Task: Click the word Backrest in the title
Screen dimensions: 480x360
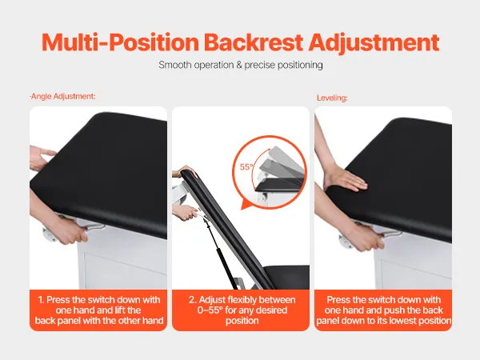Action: [x=254, y=42]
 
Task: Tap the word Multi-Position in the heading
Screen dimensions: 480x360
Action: [x=120, y=42]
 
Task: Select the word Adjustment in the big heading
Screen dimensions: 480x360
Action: [x=374, y=43]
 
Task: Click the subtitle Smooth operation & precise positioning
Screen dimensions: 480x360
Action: [x=241, y=65]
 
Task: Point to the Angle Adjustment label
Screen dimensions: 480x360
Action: [x=62, y=97]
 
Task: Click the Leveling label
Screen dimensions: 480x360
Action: [x=332, y=98]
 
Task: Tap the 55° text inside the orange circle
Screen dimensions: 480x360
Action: [x=246, y=167]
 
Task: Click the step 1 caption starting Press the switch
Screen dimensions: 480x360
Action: [x=98, y=310]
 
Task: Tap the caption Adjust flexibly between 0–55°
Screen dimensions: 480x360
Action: [x=242, y=310]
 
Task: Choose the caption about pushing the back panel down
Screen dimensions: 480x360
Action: [x=383, y=310]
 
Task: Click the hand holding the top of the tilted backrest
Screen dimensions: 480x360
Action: [x=184, y=171]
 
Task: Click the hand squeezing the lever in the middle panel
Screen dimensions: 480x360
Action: [x=185, y=213]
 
